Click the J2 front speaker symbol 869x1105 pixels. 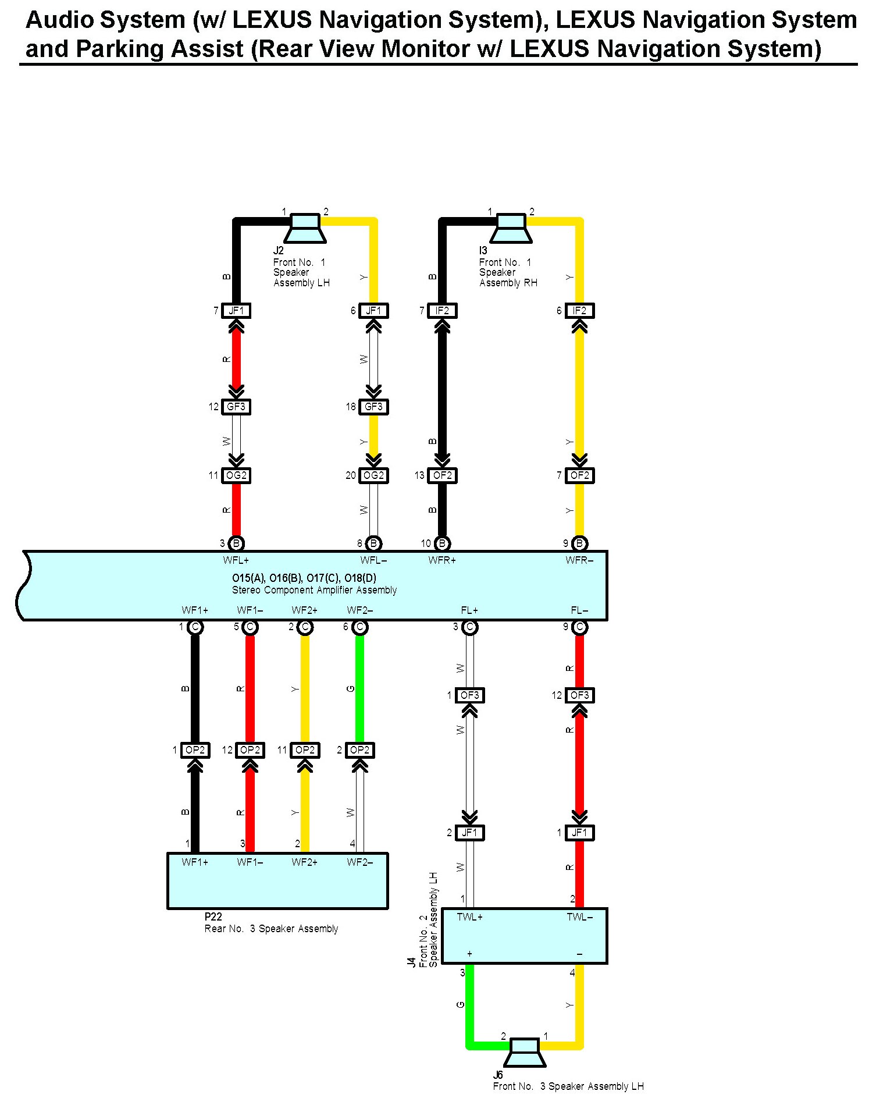305,228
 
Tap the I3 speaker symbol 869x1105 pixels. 511,228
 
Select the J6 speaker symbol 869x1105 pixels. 525,1052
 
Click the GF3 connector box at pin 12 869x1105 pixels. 236,407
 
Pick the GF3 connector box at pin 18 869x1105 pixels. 373,407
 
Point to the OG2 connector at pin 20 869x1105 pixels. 373,475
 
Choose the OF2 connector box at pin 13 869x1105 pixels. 442,475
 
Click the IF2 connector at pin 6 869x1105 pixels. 579,311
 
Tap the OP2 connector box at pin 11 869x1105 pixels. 305,750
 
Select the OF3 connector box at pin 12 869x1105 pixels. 579,695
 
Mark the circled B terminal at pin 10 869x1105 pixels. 442,543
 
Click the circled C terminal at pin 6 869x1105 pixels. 360,627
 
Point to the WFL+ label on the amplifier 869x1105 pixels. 236,560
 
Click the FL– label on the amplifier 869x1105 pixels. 579,610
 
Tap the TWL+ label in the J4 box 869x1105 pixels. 469,917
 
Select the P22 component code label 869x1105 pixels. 213,916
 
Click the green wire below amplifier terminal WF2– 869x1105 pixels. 360,687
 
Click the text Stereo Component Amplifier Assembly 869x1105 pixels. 314,590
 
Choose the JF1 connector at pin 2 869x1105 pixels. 469,833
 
